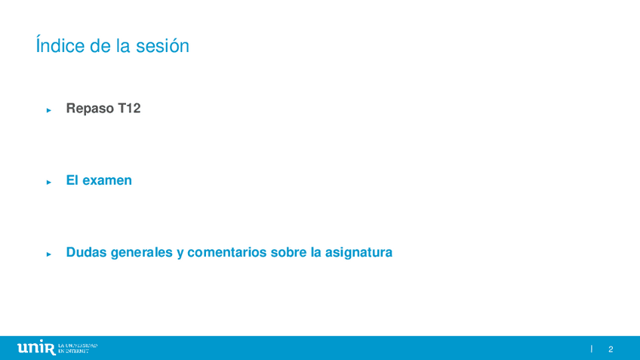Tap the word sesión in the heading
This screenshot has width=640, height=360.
[x=162, y=46]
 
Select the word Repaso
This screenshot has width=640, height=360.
[x=91, y=109]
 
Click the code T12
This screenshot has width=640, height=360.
[x=129, y=108]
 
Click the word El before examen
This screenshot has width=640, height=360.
[x=72, y=180]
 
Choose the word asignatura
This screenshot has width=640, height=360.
[x=358, y=253]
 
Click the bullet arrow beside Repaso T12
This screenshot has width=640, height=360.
[x=49, y=110]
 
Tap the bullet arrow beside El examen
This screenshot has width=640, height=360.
[x=49, y=182]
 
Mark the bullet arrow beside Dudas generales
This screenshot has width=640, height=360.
[x=49, y=254]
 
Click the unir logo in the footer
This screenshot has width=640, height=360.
[x=36, y=347]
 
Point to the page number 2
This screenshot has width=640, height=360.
[x=611, y=349]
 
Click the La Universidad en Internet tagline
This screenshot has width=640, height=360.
[x=78, y=348]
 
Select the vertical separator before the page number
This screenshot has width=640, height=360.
[x=592, y=349]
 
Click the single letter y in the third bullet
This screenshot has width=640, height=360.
[x=180, y=254]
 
